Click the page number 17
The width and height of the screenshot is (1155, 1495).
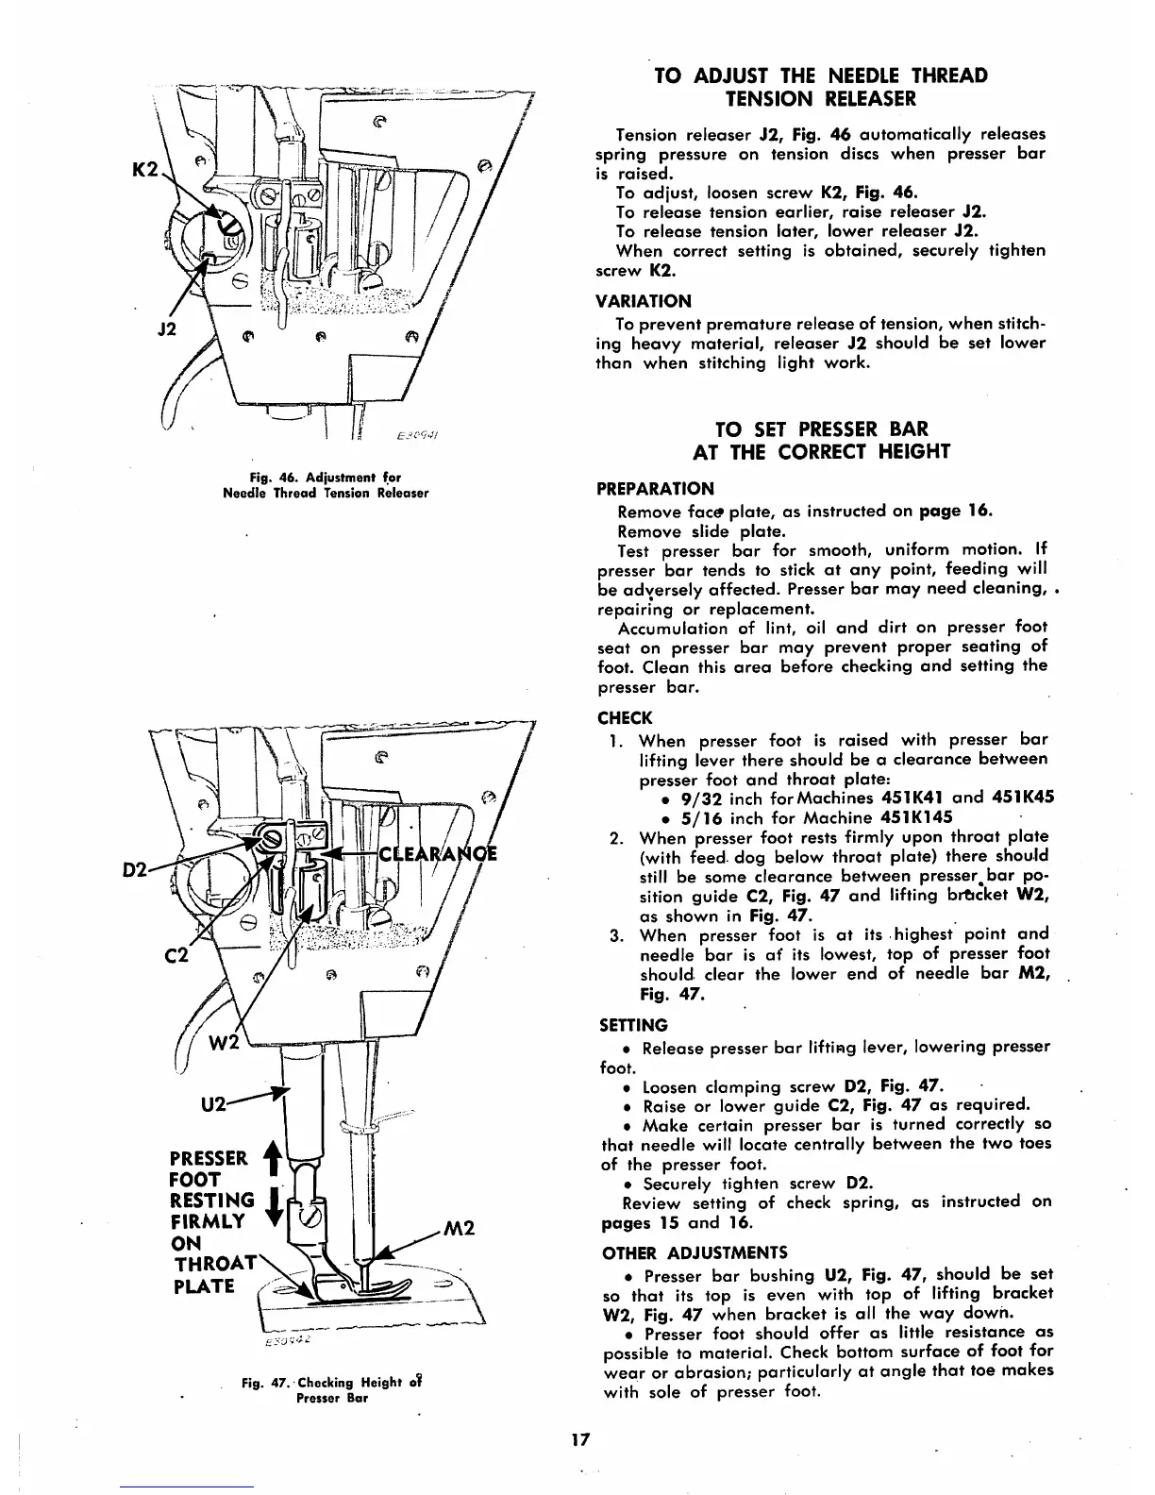(578, 1439)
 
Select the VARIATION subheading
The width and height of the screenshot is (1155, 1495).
(644, 301)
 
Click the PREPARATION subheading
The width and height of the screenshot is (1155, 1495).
(656, 489)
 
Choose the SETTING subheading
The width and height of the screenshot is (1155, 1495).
(632, 1025)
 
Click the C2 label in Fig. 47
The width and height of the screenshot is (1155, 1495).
(177, 955)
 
